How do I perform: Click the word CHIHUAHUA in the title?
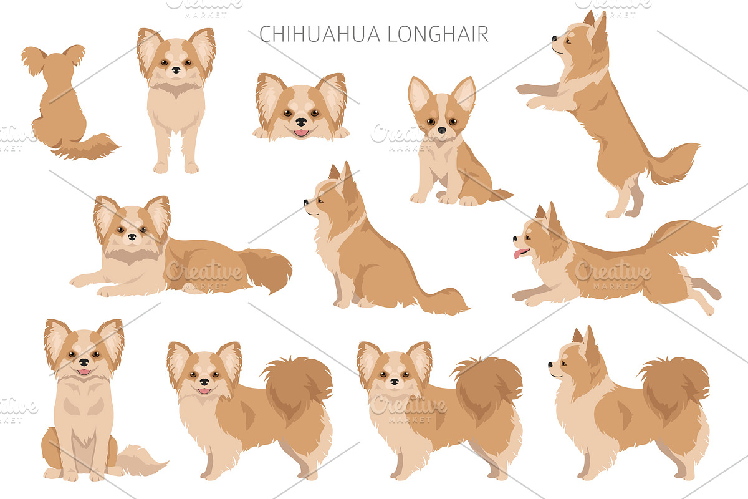tap(320, 34)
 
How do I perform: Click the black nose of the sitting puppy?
tap(442, 130)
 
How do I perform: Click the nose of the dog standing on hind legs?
tap(554, 39)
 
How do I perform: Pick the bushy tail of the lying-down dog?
tap(266, 269)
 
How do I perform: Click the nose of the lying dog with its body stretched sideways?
tap(132, 236)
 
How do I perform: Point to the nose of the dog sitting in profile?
tap(306, 202)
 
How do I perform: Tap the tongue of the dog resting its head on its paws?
tap(301, 133)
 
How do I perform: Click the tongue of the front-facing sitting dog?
tap(84, 371)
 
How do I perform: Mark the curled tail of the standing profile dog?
tap(674, 389)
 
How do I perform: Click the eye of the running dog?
tap(529, 238)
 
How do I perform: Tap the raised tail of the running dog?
tap(684, 236)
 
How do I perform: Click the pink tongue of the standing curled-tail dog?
tap(204, 390)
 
